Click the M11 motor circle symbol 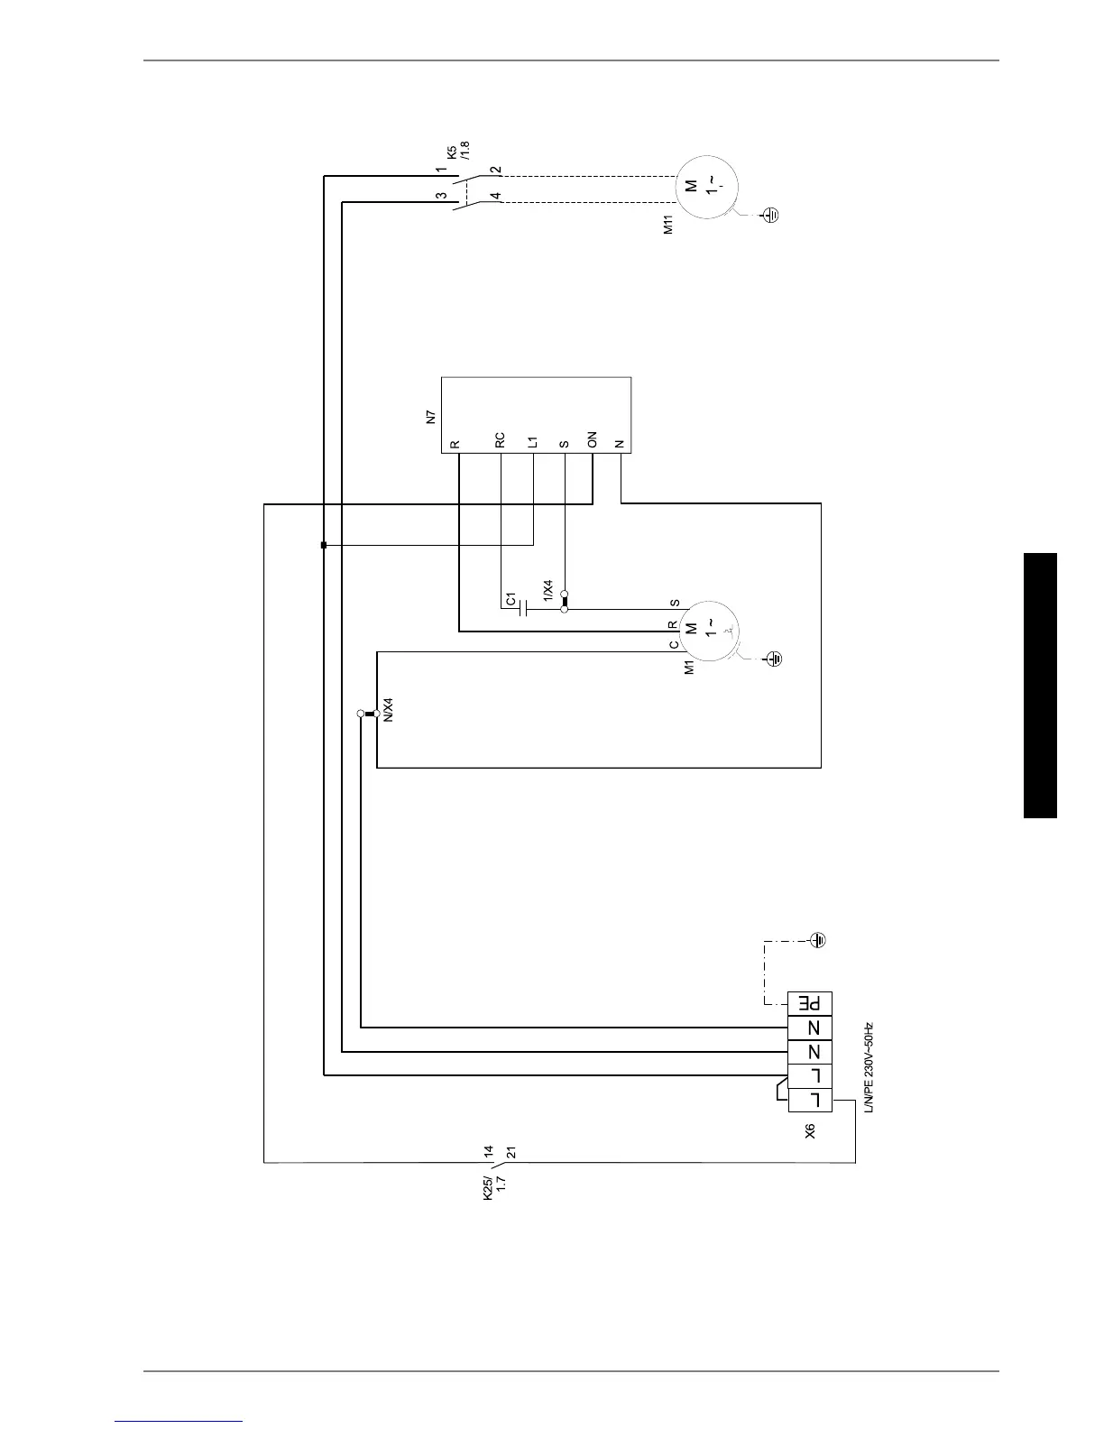tap(705, 187)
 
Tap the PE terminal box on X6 tap(810, 1003)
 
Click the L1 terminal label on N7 tap(533, 441)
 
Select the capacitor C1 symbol tap(523, 609)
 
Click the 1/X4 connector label tap(548, 591)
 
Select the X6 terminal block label tap(810, 1130)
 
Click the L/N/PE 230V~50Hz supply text tap(869, 1068)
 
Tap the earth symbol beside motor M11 tap(770, 215)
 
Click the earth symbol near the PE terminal tap(818, 941)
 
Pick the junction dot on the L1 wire tap(324, 545)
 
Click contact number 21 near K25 tap(511, 1152)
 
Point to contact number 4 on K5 tap(495, 196)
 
